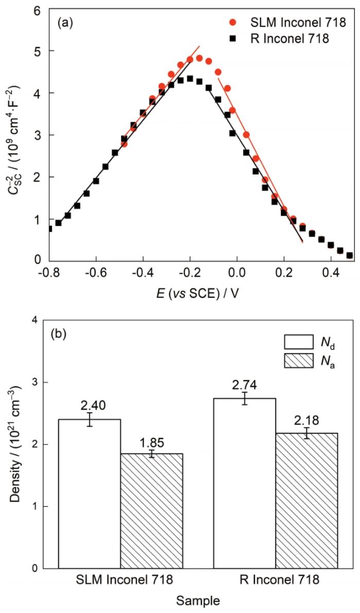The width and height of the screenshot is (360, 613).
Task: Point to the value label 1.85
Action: pyautogui.click(x=152, y=441)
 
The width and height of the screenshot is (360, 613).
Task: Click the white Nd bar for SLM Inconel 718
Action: pyautogui.click(x=90, y=494)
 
